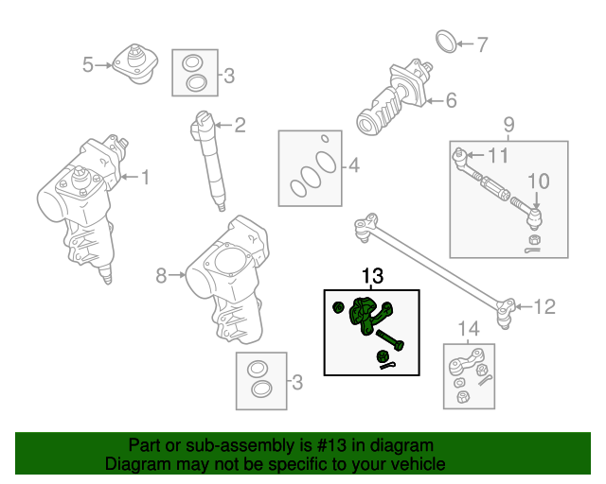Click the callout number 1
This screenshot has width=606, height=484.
[x=146, y=176]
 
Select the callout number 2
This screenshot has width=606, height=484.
[x=240, y=124]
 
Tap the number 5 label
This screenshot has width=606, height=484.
[x=87, y=65]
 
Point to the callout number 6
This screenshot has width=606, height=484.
[x=451, y=99]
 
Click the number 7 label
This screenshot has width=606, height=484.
[x=482, y=43]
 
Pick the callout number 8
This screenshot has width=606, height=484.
[x=161, y=275]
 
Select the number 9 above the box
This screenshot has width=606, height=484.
[x=508, y=123]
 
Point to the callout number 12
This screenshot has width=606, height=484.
[x=544, y=306]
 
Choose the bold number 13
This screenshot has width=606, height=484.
[x=372, y=276]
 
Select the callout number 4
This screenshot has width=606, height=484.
[x=353, y=166]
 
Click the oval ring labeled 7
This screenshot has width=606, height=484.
[x=447, y=42]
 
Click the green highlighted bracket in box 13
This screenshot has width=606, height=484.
[x=365, y=313]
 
